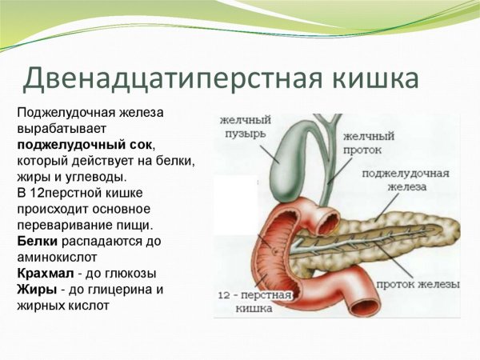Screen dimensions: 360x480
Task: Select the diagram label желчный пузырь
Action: pyautogui.click(x=245, y=126)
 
